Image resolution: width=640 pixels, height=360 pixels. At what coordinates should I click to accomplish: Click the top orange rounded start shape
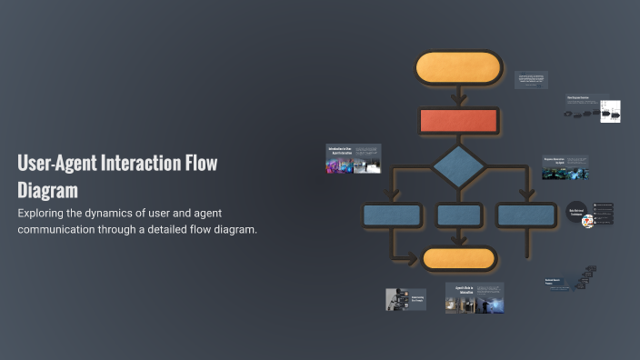458,68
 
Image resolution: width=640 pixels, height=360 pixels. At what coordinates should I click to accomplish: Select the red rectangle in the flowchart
458,120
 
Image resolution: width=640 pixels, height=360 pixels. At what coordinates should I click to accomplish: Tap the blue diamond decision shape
458,166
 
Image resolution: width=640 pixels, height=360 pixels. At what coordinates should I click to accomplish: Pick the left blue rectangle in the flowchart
392,215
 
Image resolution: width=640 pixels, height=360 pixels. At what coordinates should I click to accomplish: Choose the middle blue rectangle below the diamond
458,215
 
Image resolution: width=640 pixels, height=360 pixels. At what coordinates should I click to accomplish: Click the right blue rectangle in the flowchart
526,215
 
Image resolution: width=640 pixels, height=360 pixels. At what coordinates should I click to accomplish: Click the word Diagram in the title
47,191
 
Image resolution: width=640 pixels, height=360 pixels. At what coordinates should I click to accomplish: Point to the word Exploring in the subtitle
45,213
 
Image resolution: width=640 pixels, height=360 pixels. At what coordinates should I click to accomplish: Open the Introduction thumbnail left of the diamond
353,158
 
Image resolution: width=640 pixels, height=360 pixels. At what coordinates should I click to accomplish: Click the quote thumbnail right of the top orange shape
531,80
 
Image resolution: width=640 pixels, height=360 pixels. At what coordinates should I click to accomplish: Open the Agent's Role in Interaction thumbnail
475,298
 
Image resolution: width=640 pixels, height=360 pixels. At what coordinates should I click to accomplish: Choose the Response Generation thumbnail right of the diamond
565,166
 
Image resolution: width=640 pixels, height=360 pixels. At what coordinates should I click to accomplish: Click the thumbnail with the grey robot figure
405,299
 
